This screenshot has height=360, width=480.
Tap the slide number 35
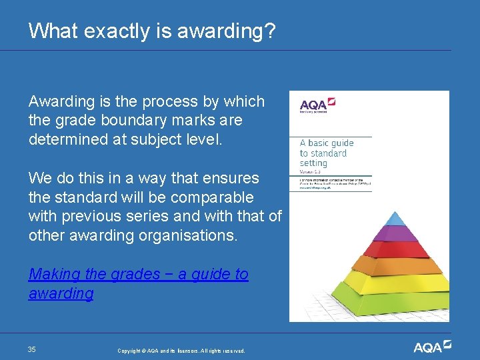tap(32, 349)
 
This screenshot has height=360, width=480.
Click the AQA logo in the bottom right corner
tap(432, 347)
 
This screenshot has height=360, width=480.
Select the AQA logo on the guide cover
tap(317, 105)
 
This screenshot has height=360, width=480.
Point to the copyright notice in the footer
tap(181, 351)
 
